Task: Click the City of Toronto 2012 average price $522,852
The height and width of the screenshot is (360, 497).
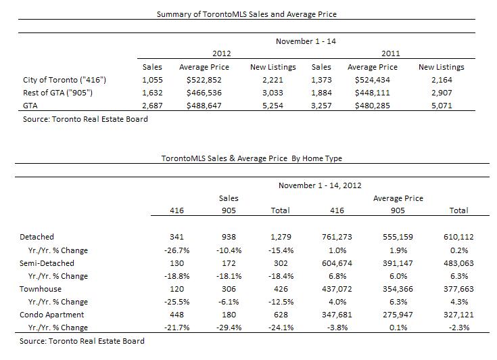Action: click(204, 80)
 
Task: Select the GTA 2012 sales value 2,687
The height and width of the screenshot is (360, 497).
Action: click(152, 106)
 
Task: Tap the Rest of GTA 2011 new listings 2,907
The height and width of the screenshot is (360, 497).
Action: click(442, 93)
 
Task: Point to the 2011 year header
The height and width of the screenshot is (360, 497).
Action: click(391, 53)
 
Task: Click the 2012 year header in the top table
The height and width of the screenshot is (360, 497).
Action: click(222, 53)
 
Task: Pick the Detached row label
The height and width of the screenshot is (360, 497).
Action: click(37, 237)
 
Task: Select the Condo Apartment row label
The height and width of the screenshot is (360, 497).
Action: click(51, 315)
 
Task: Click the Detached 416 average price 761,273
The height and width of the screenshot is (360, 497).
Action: click(337, 237)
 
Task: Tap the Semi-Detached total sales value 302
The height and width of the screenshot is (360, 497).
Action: click(281, 263)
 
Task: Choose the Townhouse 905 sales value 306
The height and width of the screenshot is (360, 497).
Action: click(229, 289)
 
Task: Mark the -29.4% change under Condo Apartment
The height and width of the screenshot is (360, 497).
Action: click(229, 328)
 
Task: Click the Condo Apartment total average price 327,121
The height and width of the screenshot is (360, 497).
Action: click(458, 315)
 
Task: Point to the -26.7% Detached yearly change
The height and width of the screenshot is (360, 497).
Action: click(177, 250)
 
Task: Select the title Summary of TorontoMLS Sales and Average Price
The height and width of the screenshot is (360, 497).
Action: click(247, 14)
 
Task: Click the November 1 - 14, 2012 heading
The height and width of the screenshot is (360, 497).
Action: click(320, 185)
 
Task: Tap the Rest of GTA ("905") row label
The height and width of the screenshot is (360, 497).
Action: click(57, 93)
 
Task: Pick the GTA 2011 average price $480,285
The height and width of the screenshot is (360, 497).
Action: click(373, 106)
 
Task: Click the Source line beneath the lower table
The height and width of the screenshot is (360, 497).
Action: click(82, 341)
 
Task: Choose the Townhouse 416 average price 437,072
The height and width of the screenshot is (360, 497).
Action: click(337, 289)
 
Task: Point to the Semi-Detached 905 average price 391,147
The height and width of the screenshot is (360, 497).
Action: click(398, 263)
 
